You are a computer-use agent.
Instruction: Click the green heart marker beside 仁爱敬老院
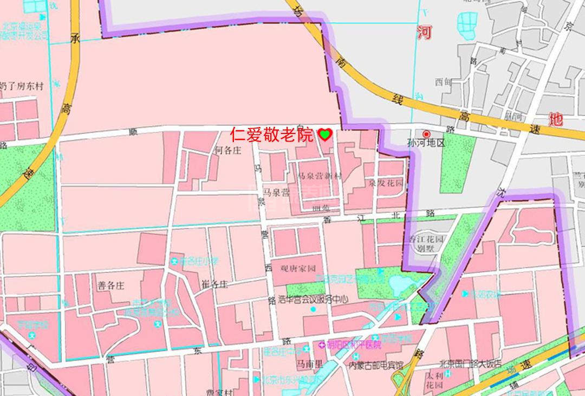pos(324,135)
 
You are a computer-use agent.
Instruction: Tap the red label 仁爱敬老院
pos(271,135)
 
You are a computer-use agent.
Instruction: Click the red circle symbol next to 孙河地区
pos(426,134)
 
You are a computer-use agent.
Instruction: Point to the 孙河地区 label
pos(425,144)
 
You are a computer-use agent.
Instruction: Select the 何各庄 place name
pos(227,150)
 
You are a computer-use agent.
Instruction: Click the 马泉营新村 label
pos(320,176)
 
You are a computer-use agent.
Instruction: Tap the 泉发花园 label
pos(386,184)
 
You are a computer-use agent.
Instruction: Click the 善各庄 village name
pos(111,286)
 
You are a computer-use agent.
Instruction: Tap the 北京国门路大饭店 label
pos(471,363)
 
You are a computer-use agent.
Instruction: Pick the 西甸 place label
pos(443,82)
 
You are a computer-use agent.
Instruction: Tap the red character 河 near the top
pos(424,32)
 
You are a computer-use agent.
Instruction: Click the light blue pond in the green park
pos(400,283)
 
